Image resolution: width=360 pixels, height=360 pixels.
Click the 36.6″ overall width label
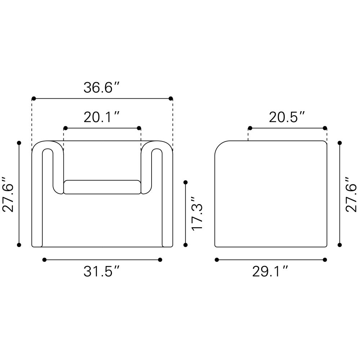(x=102, y=88)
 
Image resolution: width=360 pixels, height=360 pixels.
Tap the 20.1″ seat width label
(x=102, y=117)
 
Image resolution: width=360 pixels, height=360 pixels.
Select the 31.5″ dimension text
(x=102, y=271)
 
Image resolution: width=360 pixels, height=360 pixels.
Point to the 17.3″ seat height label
(x=197, y=213)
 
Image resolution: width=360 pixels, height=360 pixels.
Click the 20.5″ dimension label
(x=287, y=117)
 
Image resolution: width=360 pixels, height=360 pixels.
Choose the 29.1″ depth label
(x=270, y=271)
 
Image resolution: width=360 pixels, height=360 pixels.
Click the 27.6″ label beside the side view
(x=351, y=194)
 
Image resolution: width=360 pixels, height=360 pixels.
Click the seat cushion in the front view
(x=102, y=187)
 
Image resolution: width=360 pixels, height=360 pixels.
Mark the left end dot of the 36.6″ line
(x=34, y=99)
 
